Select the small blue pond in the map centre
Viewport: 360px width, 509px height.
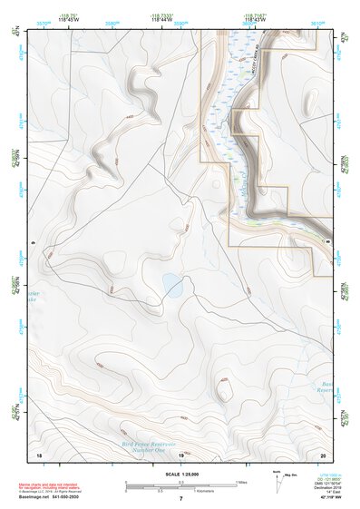[173, 287]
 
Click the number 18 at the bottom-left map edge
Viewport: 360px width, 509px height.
[39, 455]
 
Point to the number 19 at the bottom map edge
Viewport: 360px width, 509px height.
[180, 455]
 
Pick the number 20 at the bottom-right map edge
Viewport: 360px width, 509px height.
[322, 455]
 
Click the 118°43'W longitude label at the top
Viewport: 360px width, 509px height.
[255, 19]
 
